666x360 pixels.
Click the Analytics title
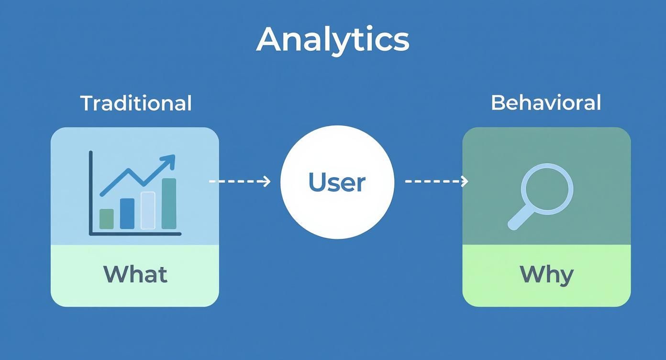333,39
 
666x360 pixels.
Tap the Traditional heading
136,103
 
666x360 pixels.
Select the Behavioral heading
546,102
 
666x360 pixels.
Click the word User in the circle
337,182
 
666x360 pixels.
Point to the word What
135,274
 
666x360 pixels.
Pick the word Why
546,274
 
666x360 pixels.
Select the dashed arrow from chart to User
239,181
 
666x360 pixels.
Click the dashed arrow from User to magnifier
436,181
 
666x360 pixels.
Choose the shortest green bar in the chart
106,219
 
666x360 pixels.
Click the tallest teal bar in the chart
169,203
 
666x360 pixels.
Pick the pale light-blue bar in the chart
148,210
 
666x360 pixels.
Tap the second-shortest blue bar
127,214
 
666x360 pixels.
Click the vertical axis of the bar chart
90,191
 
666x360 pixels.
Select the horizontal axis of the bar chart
135,234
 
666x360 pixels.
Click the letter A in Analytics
270,39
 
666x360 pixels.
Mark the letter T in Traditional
86,103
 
